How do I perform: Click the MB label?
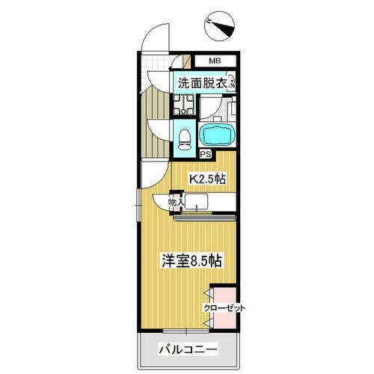[x=215, y=61]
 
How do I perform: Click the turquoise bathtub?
[x=218, y=135]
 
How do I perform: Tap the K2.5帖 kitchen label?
[x=207, y=180]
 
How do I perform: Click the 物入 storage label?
[x=175, y=202]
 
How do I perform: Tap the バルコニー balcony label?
[x=188, y=349]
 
